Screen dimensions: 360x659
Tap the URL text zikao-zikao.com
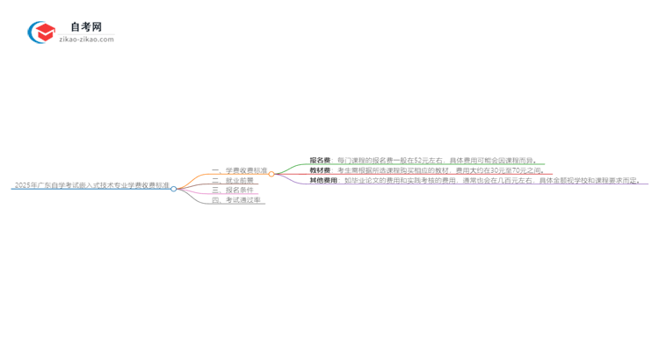click(x=86, y=40)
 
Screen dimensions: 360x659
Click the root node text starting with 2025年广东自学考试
click(x=91, y=185)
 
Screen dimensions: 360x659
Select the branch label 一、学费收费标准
click(x=239, y=170)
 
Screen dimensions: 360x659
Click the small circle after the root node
click(x=174, y=189)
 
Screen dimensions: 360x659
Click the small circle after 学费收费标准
click(x=272, y=174)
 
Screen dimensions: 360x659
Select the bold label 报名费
click(x=320, y=161)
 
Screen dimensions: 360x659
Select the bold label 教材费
click(x=320, y=170)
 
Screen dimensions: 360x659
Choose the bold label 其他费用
click(x=323, y=181)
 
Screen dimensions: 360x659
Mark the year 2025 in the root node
click(x=23, y=185)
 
